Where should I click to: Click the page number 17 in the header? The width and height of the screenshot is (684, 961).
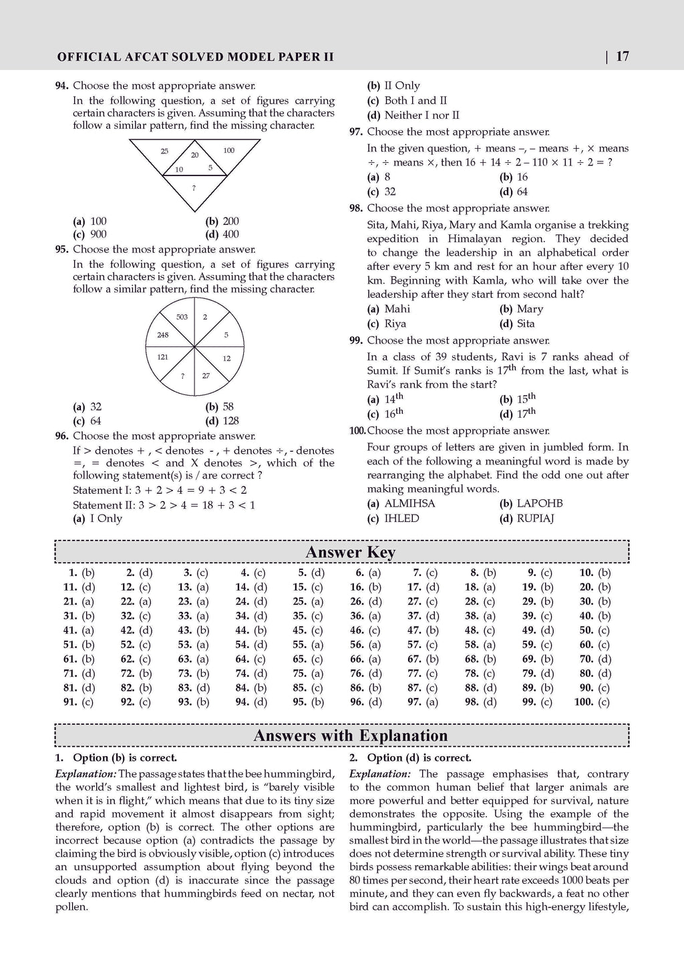(622, 57)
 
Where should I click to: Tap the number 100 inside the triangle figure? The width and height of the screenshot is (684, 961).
(228, 151)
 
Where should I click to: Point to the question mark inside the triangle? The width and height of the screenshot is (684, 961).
(194, 188)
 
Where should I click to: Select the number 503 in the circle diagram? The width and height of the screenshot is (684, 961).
(182, 317)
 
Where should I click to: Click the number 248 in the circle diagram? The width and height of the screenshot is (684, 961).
(163, 335)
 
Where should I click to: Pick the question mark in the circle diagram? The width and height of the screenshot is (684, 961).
(182, 376)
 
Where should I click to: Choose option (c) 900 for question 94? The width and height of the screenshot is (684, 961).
(90, 234)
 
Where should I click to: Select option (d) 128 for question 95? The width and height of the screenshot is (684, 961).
(222, 420)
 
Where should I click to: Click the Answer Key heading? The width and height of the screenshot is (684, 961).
(350, 553)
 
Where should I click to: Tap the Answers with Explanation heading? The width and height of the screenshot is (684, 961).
(350, 736)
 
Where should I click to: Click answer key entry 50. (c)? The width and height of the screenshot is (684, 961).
(594, 630)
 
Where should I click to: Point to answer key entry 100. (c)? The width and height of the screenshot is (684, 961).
(592, 702)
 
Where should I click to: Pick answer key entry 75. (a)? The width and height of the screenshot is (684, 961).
(308, 673)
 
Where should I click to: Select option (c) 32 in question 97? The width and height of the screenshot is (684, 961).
(382, 192)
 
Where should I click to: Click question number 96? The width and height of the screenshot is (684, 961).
(62, 436)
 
